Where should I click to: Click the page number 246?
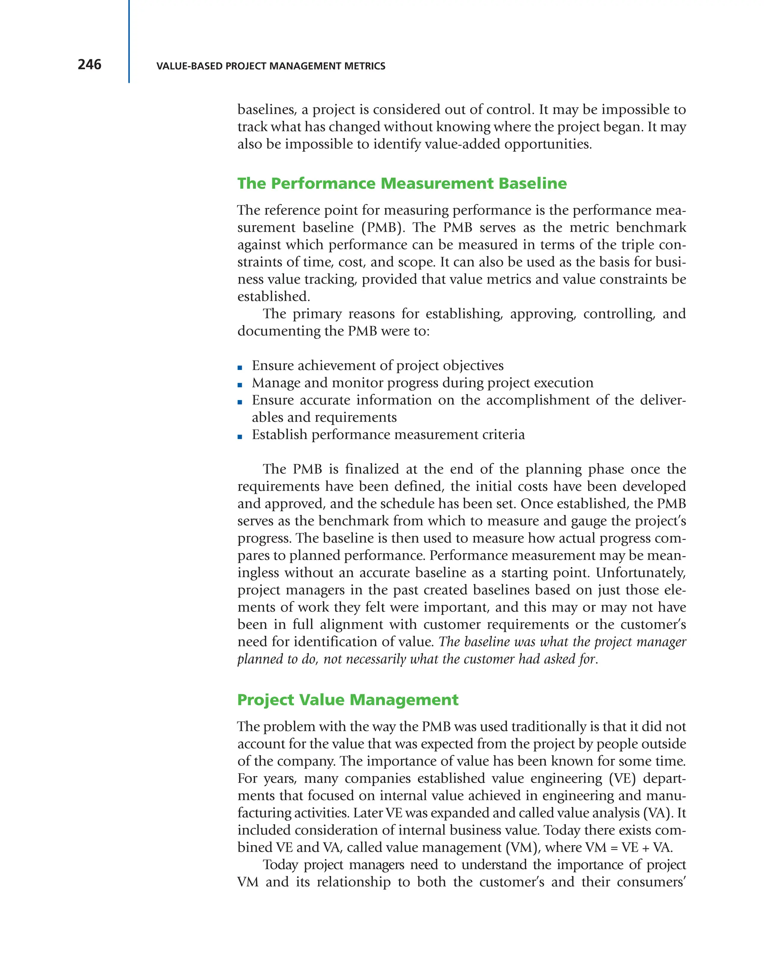click(x=89, y=65)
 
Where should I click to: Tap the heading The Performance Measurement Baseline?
click(x=402, y=183)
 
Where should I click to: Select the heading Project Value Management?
click(x=348, y=700)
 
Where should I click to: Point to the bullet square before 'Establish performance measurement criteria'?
click(x=240, y=437)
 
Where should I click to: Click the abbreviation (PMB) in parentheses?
click(x=383, y=227)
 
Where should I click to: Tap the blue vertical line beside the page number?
click(x=129, y=41)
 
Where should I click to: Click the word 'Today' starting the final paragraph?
click(x=280, y=865)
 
